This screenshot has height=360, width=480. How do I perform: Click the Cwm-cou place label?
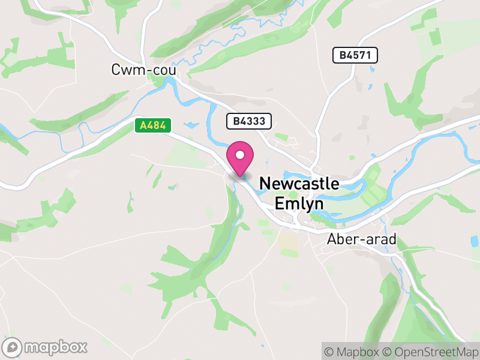pos(143,70)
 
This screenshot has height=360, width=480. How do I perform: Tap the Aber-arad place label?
pos(362,239)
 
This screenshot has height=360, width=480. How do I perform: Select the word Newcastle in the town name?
pos(299,184)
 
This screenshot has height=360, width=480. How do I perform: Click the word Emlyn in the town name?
pos(299,203)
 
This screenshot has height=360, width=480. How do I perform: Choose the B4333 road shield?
pos(249,121)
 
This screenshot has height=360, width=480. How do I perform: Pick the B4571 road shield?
pos(355,56)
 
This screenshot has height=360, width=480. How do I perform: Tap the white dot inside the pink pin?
pos(240,155)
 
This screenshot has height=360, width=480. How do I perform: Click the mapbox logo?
pos(46,347)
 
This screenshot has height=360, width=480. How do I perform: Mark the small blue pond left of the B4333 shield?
pos(191,125)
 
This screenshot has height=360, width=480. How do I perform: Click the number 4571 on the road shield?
pos(362,56)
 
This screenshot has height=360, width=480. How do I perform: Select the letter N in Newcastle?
pos(265,184)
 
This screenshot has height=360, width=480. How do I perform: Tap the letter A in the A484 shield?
pos(143,125)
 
